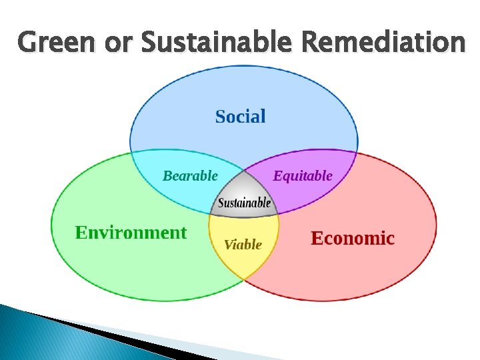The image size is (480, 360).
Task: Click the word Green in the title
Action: point(57,43)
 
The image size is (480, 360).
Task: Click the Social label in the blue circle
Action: point(240,117)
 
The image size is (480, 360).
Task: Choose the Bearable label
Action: point(190,176)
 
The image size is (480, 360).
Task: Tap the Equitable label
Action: point(303,176)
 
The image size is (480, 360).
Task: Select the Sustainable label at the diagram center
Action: point(245,203)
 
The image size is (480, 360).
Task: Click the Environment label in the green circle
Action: point(131,233)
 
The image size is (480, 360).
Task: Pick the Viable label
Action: point(243,245)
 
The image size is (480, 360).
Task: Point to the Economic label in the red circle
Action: point(353,238)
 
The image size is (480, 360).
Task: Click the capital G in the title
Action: point(29,43)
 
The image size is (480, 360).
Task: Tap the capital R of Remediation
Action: point(312,43)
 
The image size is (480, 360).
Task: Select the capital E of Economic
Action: point(318,238)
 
